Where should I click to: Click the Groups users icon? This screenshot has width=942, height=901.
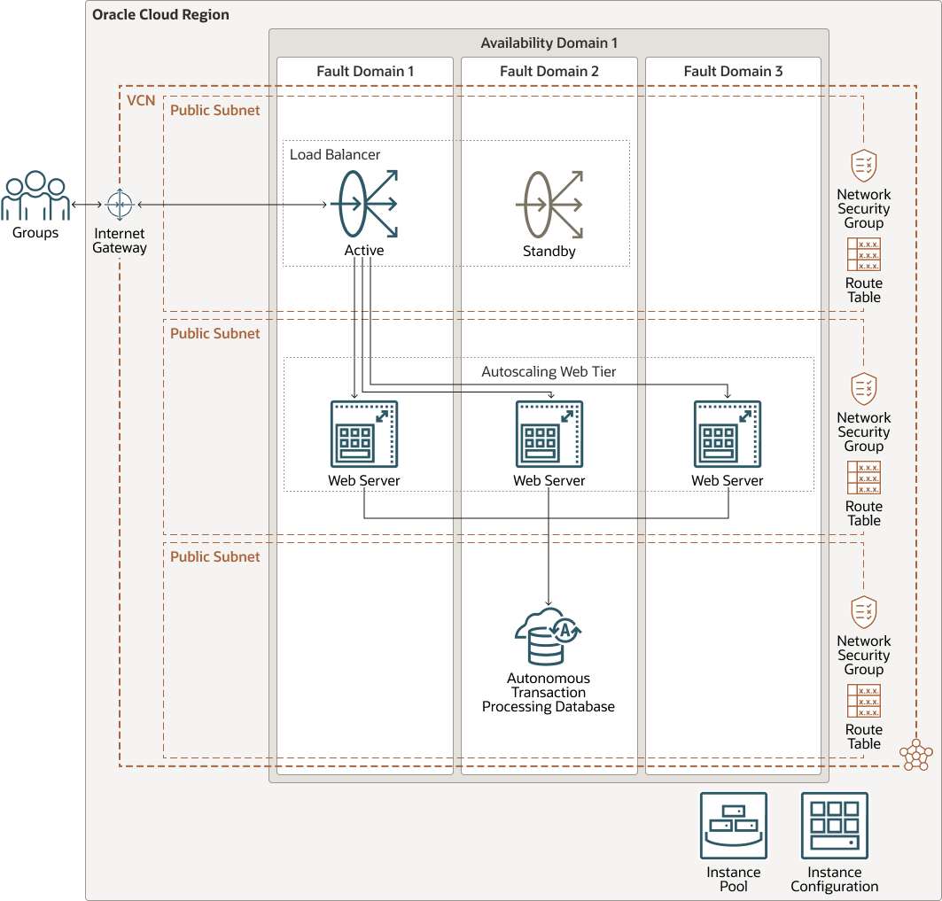(x=35, y=197)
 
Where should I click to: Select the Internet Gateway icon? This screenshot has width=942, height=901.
(x=119, y=205)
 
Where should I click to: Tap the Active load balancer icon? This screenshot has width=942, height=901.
(x=364, y=205)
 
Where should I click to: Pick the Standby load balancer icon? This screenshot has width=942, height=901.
(x=549, y=205)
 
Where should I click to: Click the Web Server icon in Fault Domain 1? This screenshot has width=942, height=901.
(x=364, y=434)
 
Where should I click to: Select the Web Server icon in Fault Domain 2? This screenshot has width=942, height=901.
(x=549, y=434)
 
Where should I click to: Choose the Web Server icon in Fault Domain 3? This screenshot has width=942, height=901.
(x=728, y=434)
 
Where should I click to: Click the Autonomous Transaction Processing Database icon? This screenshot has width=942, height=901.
(x=549, y=636)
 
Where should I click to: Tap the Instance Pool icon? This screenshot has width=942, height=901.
(x=734, y=826)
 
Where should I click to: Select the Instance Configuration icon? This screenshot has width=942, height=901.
(x=835, y=826)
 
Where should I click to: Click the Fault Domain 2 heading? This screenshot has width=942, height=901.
(x=549, y=71)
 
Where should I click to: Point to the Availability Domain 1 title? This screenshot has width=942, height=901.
(x=549, y=43)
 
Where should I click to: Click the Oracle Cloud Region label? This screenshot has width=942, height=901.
(x=160, y=15)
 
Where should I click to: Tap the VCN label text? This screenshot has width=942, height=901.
(x=141, y=100)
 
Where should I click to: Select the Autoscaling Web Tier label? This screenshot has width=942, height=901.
(x=549, y=372)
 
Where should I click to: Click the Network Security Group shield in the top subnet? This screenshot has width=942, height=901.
(x=864, y=166)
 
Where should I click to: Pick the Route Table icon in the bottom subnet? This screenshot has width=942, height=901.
(x=864, y=700)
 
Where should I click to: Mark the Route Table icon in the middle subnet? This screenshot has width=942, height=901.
(x=864, y=477)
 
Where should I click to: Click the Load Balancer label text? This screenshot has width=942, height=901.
(x=335, y=154)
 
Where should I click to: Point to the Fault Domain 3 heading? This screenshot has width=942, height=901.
(x=733, y=71)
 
